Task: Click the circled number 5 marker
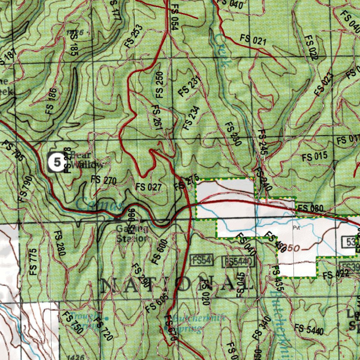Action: tap(57, 162)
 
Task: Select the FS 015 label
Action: tap(314, 157)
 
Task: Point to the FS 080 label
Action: tap(310, 209)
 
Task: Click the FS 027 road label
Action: tap(149, 187)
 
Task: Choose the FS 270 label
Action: tap(103, 180)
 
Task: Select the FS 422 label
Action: tap(336, 275)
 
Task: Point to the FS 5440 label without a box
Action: tap(309, 329)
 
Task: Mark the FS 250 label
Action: tap(160, 85)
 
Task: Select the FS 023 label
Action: tap(323, 84)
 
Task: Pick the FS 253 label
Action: tap(134, 36)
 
